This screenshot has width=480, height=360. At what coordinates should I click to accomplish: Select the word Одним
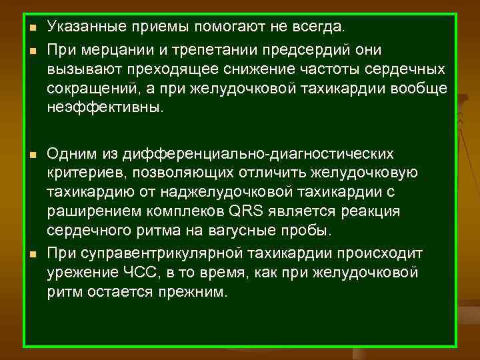(x=69, y=155)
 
